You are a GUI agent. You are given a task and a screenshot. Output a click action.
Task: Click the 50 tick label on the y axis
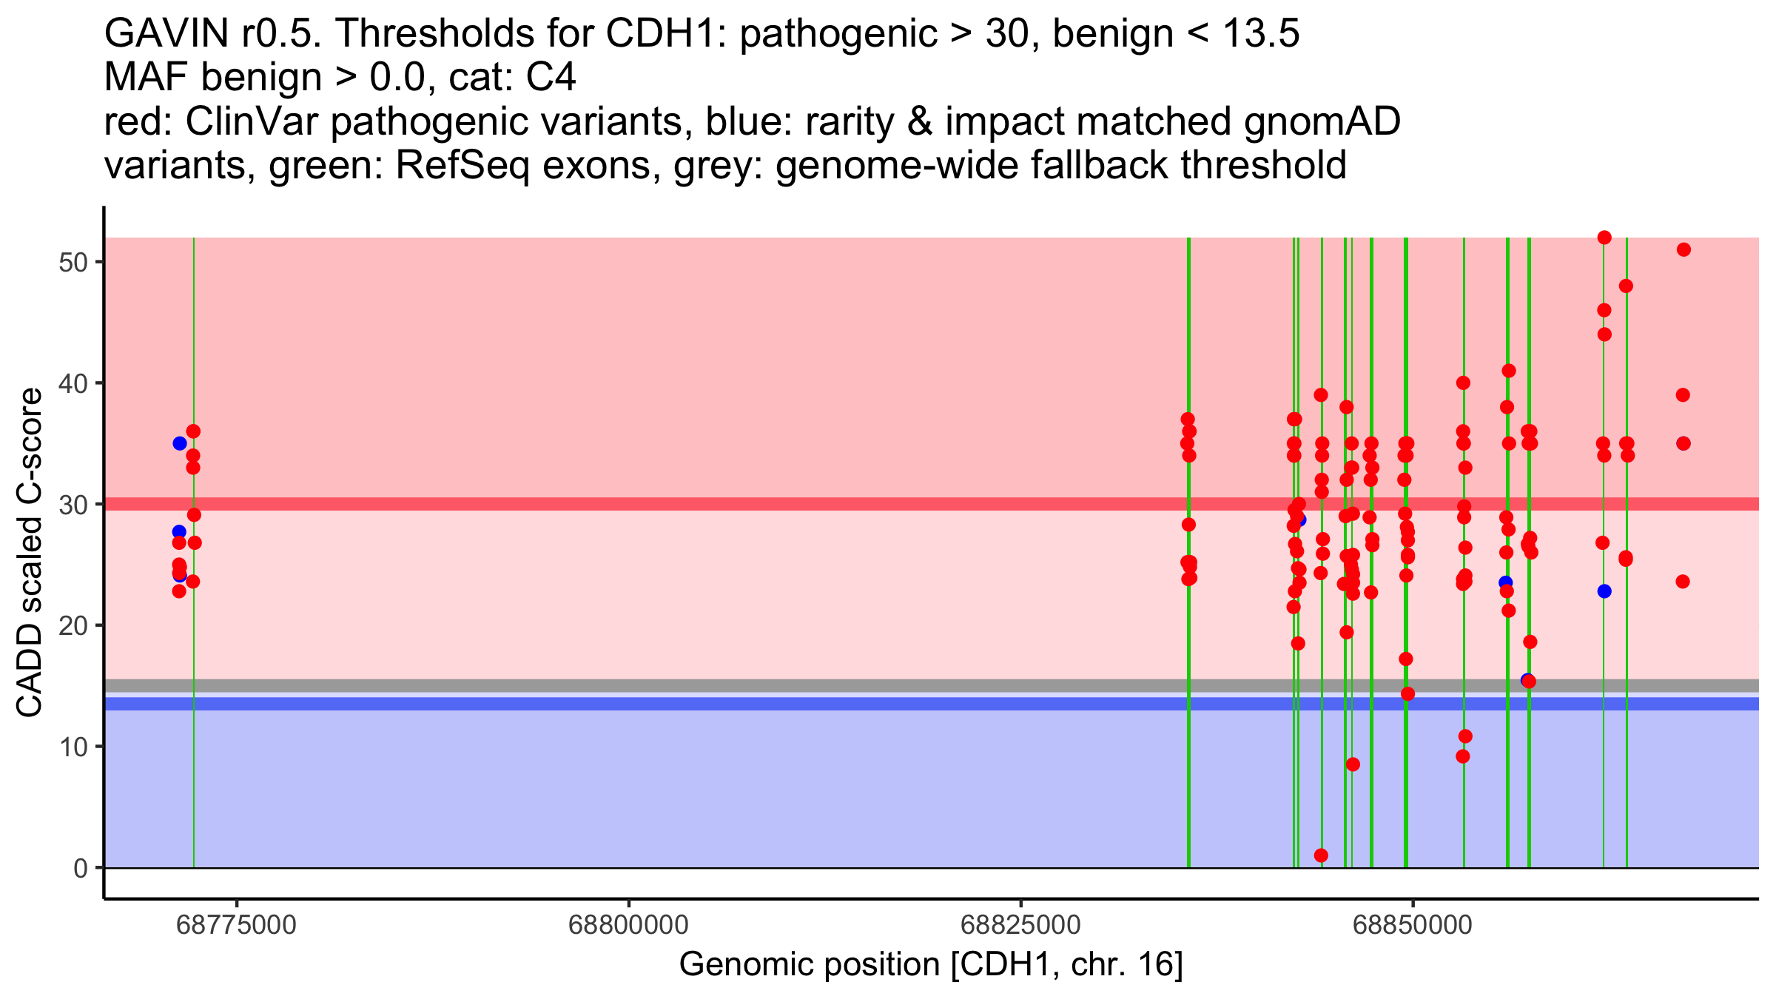click(73, 263)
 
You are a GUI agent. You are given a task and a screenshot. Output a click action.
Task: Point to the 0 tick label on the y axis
click(81, 868)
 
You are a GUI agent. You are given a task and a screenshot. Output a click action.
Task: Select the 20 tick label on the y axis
click(73, 626)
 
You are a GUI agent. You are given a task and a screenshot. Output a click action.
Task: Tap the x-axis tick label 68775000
click(237, 925)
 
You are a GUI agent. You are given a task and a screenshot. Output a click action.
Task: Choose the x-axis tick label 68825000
click(1020, 925)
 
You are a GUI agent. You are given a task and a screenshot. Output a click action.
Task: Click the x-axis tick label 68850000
click(1413, 925)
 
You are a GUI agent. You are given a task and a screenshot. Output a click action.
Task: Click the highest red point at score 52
click(1604, 238)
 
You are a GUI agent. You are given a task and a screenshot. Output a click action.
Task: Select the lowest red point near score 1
click(1321, 855)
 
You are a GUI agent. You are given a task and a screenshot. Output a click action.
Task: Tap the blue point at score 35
click(180, 443)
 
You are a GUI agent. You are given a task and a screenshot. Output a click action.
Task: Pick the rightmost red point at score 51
click(1683, 249)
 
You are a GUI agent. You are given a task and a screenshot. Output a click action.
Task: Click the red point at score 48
click(1626, 286)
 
